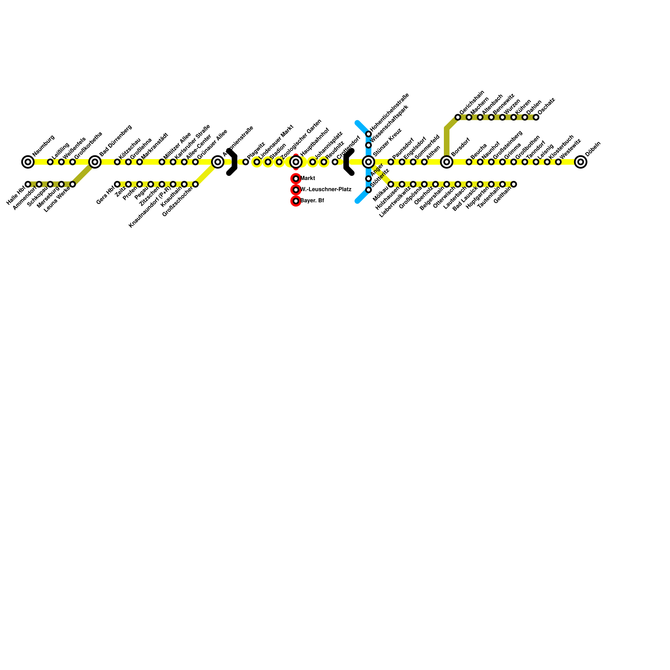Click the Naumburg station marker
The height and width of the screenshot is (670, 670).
pos(28,162)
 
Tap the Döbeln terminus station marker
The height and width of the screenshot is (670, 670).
pos(580,162)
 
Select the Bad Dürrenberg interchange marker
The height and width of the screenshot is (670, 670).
pos(95,162)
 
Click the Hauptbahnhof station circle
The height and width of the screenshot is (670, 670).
pos(296,162)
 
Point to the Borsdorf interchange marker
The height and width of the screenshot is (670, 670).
pos(447,162)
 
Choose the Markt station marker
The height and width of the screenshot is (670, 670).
pos(296,179)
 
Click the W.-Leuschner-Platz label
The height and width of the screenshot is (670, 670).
pos(326,190)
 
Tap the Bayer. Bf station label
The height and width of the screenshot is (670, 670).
pos(312,201)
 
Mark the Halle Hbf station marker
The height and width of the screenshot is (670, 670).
pos(28,184)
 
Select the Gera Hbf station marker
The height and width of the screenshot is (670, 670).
pos(117,184)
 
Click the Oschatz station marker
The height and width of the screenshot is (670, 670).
pos(536,117)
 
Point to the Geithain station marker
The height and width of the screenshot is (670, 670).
pos(513,184)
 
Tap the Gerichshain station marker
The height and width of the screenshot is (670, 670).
pos(458,117)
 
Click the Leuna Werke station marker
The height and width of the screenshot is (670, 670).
pos(72,184)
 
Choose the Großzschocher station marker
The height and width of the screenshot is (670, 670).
pos(195,184)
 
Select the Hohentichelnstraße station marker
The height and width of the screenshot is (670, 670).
pos(368,134)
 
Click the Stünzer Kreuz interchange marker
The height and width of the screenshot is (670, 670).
pos(368,162)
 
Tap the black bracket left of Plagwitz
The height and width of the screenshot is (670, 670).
pos(232,162)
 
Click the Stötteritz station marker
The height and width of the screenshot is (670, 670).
pos(368,190)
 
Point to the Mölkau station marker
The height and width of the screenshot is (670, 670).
pos(391,184)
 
